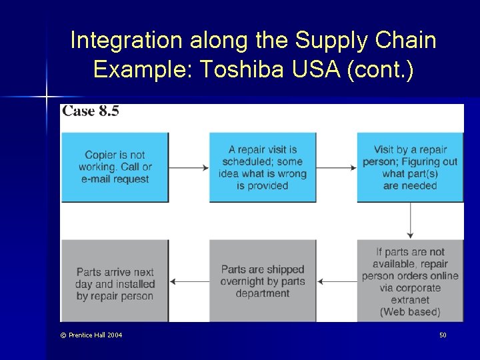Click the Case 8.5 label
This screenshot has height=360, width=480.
click(x=91, y=111)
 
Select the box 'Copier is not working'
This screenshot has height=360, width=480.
click(x=115, y=167)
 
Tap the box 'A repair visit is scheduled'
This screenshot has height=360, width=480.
click(x=263, y=167)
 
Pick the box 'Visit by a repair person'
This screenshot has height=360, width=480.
click(x=410, y=167)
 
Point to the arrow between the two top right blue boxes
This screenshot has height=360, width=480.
click(x=337, y=168)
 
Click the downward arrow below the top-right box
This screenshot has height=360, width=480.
click(x=410, y=221)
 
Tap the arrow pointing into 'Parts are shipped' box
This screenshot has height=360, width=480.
click(x=337, y=282)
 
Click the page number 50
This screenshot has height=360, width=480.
click(x=443, y=335)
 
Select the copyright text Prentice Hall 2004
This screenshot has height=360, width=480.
click(x=91, y=335)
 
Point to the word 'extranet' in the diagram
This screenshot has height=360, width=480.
click(x=410, y=300)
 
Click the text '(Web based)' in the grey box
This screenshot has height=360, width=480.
click(x=410, y=312)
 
